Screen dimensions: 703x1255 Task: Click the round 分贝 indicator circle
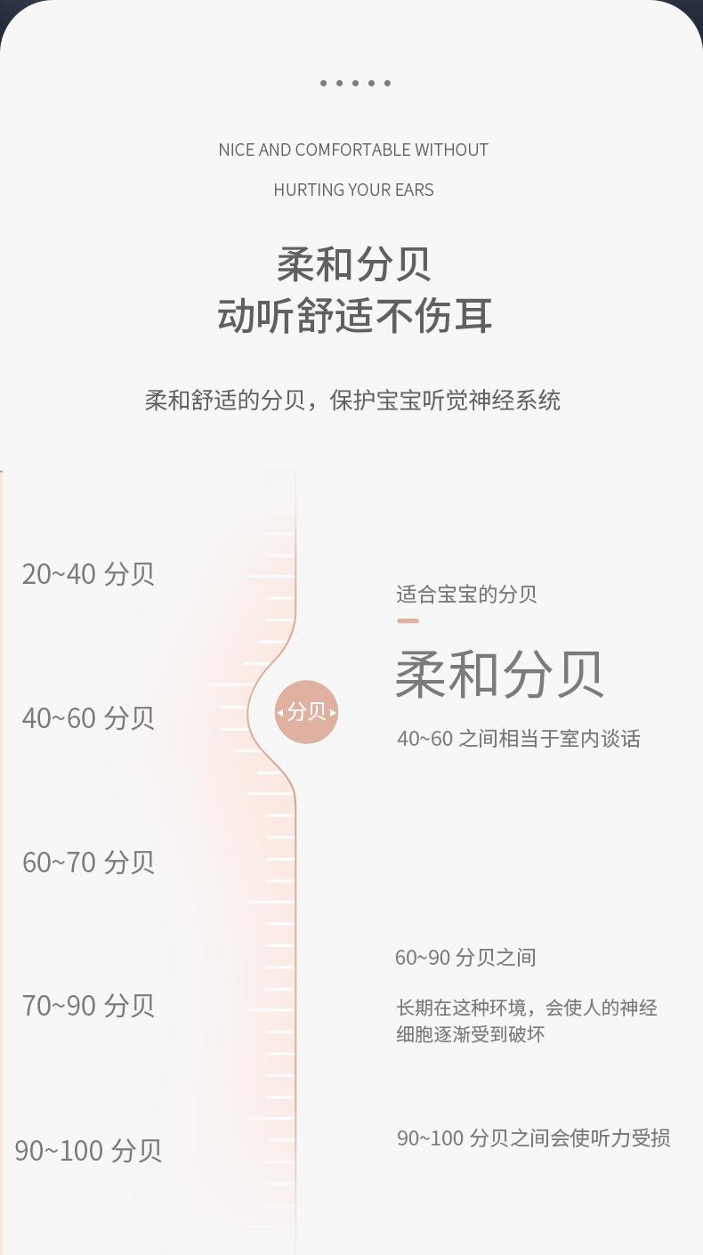point(306,712)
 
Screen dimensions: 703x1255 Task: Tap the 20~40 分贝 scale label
point(88,574)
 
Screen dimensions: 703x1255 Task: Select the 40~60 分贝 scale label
point(88,717)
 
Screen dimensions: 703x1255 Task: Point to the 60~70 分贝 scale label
point(88,862)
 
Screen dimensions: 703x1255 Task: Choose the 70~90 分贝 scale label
point(88,1006)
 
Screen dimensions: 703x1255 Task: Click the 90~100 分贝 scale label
point(88,1150)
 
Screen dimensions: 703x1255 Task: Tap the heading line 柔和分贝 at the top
point(353,263)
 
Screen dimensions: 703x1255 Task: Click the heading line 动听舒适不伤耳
point(354,316)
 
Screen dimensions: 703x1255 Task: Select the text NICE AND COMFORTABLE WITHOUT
point(353,150)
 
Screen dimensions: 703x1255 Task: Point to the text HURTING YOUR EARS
point(353,190)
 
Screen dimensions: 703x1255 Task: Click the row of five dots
point(355,84)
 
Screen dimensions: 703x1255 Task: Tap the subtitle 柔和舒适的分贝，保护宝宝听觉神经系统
point(352,401)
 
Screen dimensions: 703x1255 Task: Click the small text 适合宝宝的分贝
point(466,595)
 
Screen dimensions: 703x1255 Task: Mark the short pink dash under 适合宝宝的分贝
point(408,620)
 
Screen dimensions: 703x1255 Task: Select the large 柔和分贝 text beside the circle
point(500,674)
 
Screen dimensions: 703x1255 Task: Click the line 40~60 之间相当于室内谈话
point(518,739)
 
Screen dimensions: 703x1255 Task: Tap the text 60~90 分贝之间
point(465,958)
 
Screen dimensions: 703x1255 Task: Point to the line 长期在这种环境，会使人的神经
point(527,1008)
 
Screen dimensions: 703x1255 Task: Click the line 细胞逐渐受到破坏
point(470,1034)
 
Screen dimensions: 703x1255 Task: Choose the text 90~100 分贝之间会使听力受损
point(533,1138)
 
